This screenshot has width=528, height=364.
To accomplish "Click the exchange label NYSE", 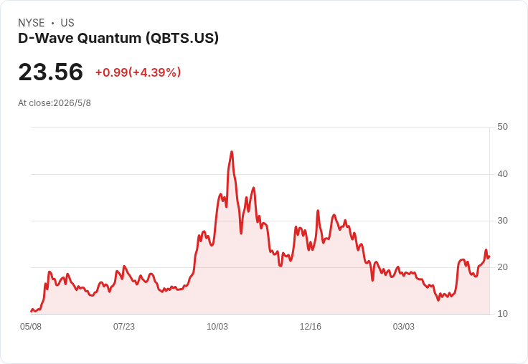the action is (32, 23).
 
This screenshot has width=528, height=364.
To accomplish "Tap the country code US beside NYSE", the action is (67, 23).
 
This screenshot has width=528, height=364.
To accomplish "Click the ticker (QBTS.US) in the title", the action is (182, 38).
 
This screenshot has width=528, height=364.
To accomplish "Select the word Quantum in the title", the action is (109, 38).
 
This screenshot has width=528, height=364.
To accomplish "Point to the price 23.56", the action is (51, 72).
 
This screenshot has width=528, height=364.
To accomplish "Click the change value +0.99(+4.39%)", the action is (138, 72).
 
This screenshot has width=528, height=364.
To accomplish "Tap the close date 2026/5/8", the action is (72, 103).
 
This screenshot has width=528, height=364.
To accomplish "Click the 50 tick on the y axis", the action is (502, 127).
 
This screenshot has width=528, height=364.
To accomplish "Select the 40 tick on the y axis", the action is (502, 174).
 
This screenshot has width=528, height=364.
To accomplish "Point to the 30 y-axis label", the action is (502, 221).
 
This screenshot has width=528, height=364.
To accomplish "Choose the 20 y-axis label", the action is (502, 267).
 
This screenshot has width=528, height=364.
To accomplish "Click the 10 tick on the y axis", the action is (502, 314).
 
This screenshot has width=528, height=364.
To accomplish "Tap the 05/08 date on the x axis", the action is (31, 327).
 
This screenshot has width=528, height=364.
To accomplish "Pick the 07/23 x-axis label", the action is (124, 327).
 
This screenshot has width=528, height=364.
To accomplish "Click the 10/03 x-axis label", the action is (217, 327).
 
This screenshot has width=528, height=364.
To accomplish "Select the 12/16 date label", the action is (311, 327).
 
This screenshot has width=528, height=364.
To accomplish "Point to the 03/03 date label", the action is (404, 327).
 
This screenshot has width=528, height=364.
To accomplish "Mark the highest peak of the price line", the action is (232, 152).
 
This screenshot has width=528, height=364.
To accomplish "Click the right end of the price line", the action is (489, 257).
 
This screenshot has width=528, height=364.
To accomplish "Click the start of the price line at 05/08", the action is (32, 311).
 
